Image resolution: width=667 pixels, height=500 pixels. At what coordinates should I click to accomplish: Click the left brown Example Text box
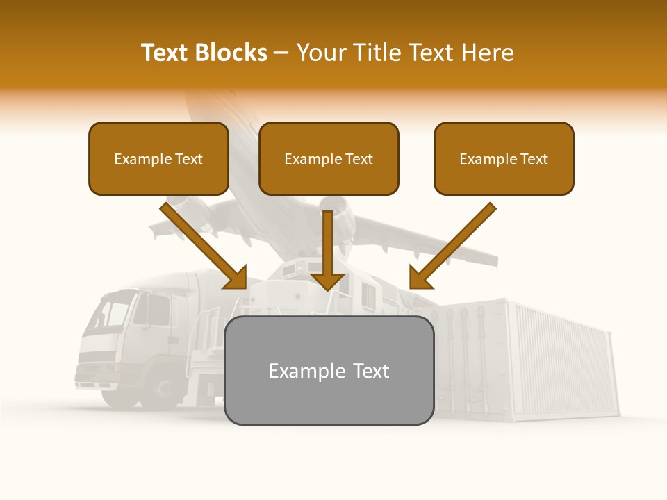(x=158, y=158)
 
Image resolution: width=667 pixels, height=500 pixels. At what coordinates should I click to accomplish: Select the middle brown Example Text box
(x=329, y=158)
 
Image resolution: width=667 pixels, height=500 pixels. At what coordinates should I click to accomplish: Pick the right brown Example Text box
(x=504, y=158)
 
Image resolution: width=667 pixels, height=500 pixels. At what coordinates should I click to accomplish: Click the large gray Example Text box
(x=329, y=370)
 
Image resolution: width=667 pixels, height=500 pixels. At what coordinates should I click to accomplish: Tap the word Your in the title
(x=318, y=53)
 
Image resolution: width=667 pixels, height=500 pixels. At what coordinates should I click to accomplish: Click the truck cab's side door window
(x=157, y=309)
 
